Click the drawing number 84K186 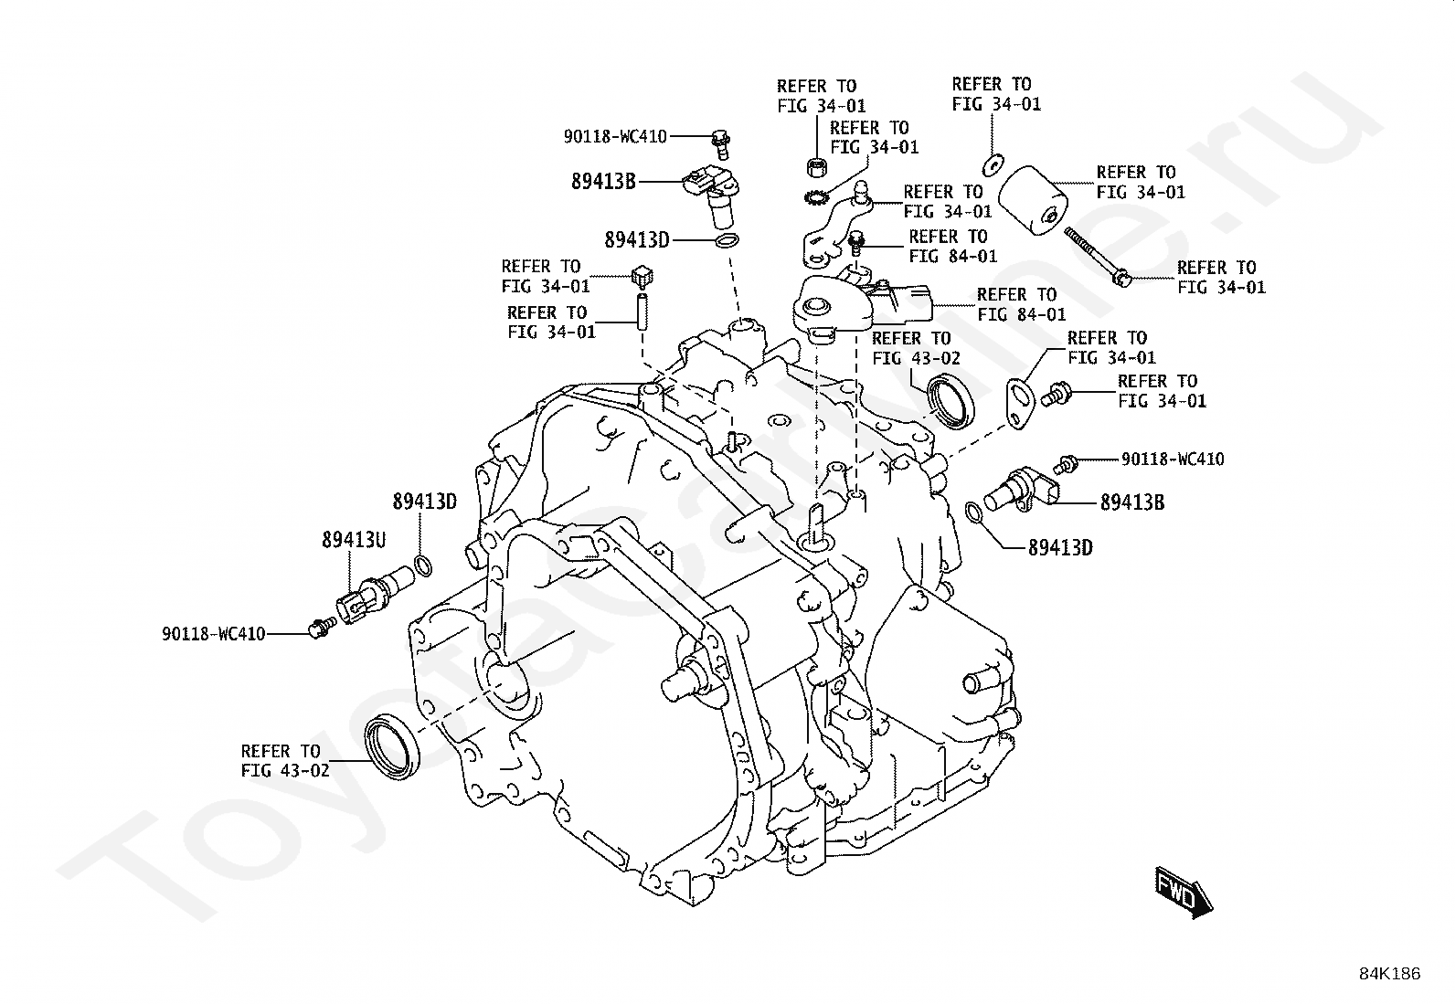tap(1389, 974)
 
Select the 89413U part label tap(354, 540)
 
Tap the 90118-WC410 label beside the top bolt tap(615, 136)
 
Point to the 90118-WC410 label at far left tap(214, 634)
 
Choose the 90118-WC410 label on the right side tap(1173, 460)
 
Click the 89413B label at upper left tap(603, 181)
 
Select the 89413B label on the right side tap(1132, 502)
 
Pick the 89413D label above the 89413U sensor tap(425, 502)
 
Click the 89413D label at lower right tap(1060, 548)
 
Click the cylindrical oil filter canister tap(1032, 200)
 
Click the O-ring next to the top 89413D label tap(727, 240)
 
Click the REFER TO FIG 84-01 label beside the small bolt tap(952, 246)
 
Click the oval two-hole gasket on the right tap(1020, 403)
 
